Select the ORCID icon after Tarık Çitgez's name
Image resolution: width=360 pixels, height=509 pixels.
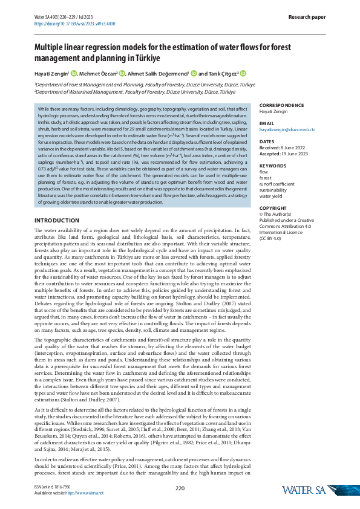243,74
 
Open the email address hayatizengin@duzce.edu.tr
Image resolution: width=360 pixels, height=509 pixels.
287,129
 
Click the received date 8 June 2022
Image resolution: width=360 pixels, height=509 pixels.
296,148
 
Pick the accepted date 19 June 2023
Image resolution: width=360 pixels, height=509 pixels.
298,154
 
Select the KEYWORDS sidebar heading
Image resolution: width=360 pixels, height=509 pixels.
273,165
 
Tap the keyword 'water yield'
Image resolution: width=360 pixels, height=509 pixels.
272,196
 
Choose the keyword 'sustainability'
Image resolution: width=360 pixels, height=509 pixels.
275,190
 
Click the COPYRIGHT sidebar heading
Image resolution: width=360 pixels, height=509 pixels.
275,208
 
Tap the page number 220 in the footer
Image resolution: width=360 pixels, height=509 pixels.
180,488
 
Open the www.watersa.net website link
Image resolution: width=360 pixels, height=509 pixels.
88,493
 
